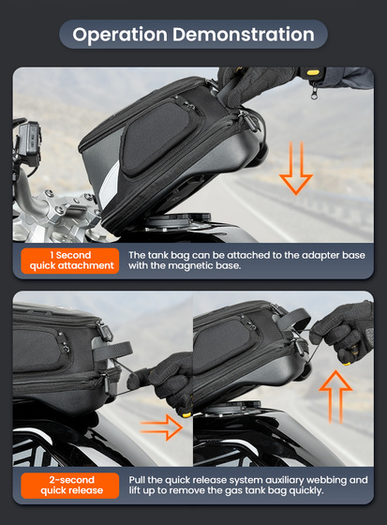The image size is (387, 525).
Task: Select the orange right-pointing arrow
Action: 160,430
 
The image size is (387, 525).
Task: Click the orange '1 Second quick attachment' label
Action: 69,260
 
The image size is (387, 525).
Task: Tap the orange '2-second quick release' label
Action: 69,485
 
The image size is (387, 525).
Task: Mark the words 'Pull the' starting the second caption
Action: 142,479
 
